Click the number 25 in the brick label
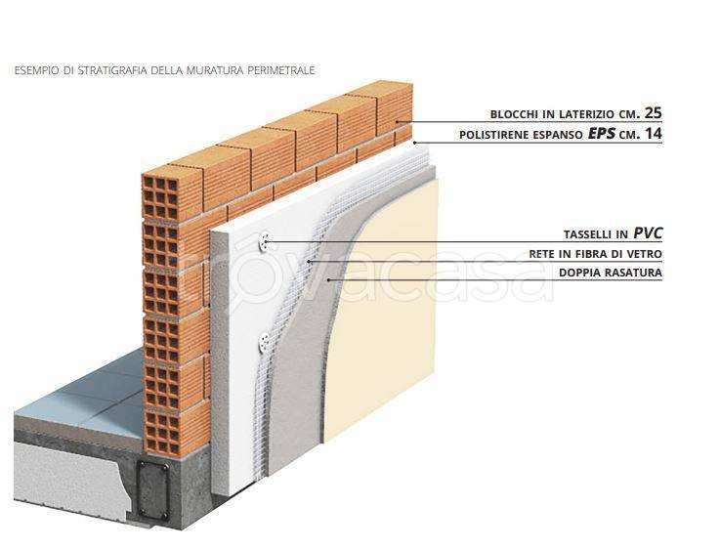tap(654, 112)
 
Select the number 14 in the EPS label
tap(654, 134)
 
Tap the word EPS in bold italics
tap(602, 134)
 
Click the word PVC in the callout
tap(649, 233)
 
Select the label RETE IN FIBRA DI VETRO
tap(596, 254)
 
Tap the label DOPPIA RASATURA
tap(611, 273)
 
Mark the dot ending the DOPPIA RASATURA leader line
tap(329, 279)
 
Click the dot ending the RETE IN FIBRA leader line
tap(310, 261)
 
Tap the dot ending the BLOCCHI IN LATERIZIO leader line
tap(398, 122)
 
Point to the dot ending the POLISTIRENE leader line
tap(414, 143)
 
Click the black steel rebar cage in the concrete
tap(153, 490)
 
